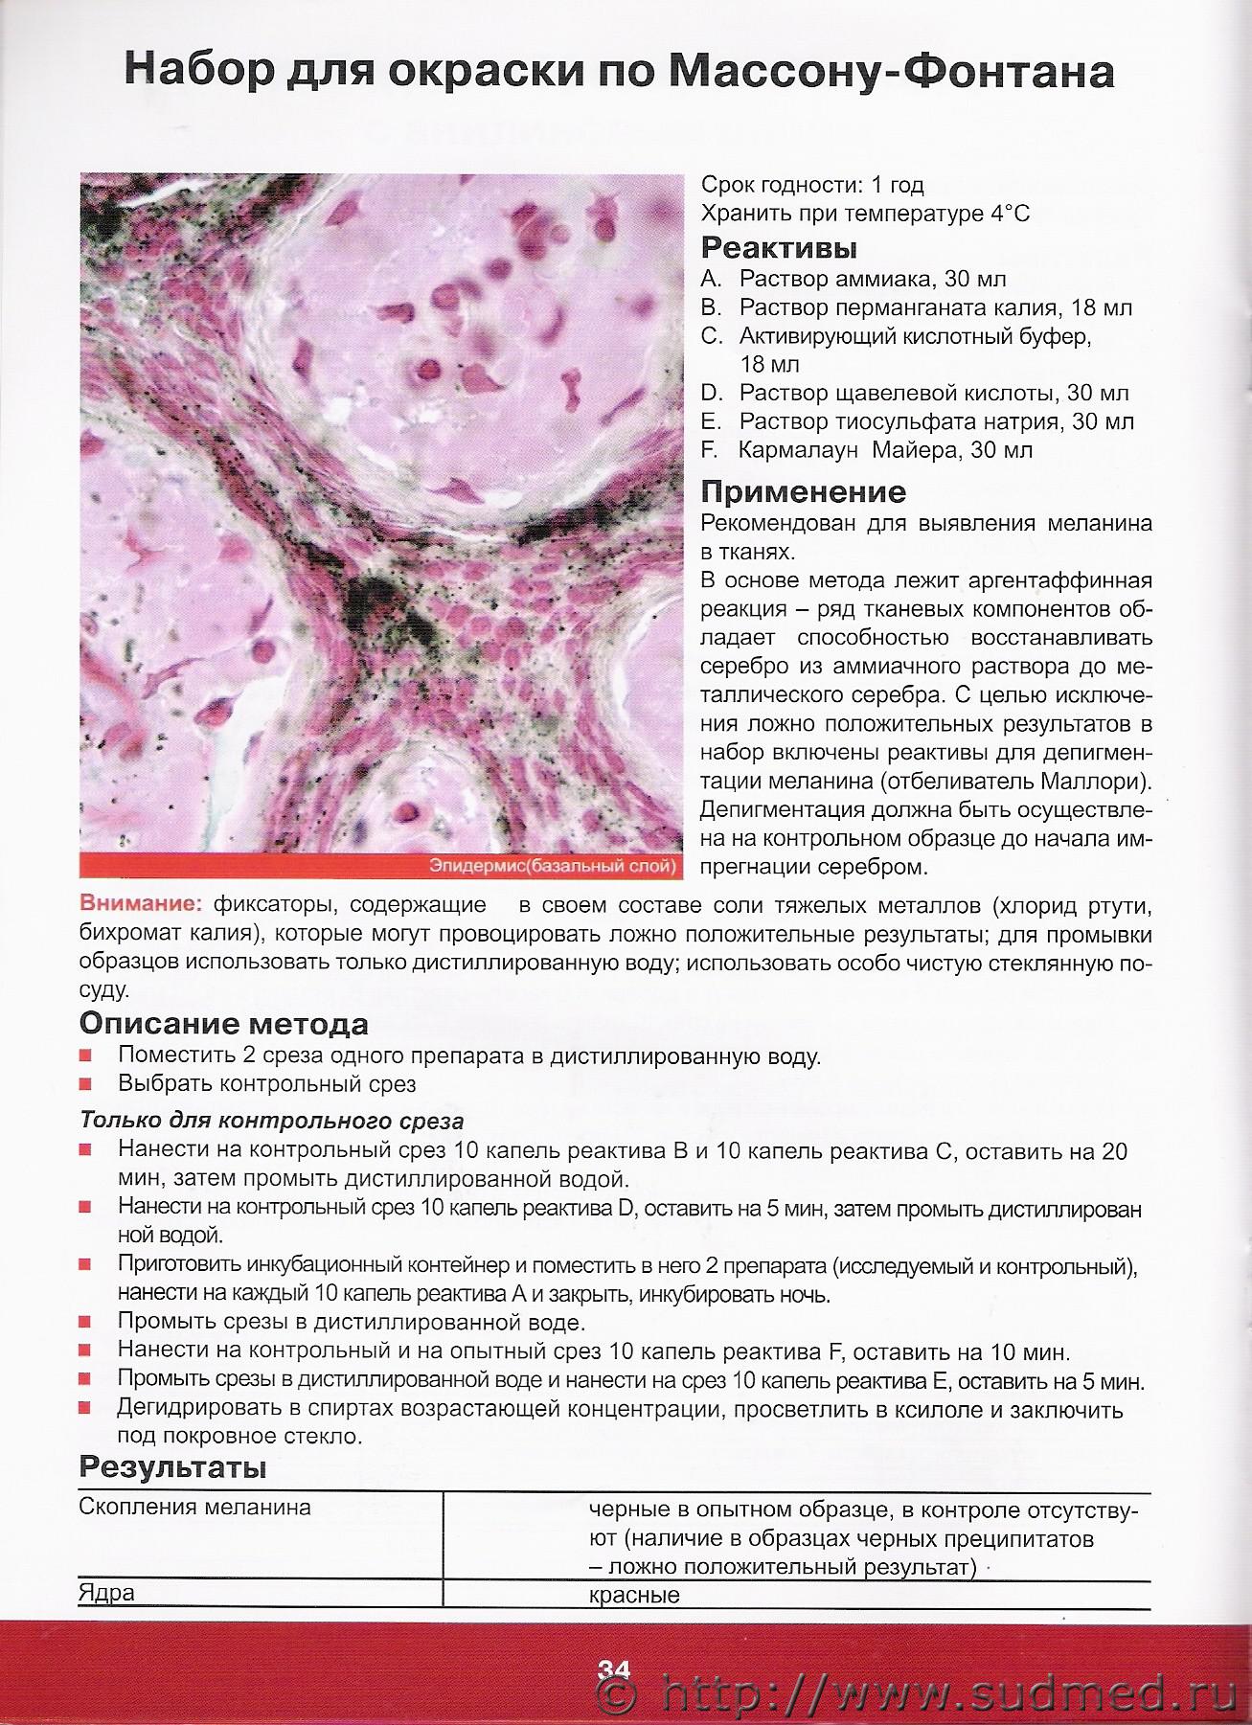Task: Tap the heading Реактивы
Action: (779, 248)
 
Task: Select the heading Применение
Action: (803, 492)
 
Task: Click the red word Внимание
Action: (141, 904)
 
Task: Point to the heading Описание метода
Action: (223, 1024)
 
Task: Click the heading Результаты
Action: (172, 1466)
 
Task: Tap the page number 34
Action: (614, 1669)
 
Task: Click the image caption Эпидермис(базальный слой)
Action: (553, 867)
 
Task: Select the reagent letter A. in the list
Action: (710, 280)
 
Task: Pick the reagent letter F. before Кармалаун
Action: (710, 449)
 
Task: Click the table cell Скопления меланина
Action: (194, 1507)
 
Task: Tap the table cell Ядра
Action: (106, 1593)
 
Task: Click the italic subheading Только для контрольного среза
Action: (271, 1121)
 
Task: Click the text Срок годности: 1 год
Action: (812, 185)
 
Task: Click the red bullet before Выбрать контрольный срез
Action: (86, 1084)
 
